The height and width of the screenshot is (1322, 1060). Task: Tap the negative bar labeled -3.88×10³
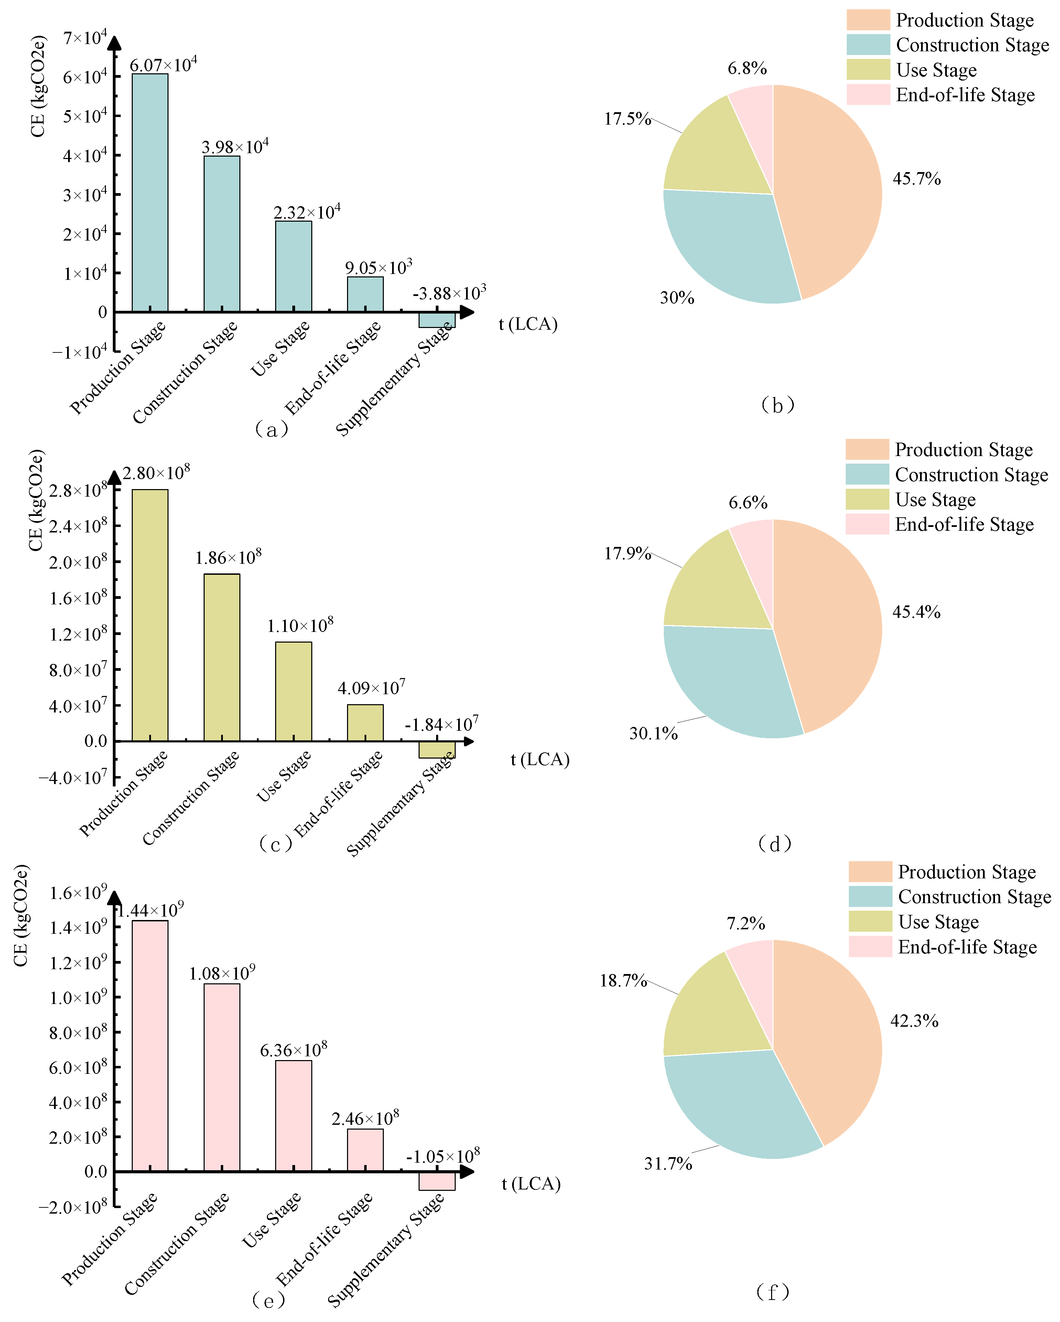coord(437,319)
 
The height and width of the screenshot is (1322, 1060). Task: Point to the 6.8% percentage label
coord(747,69)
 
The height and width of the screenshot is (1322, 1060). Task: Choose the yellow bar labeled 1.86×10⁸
coord(222,657)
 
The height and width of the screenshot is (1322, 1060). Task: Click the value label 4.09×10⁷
coord(371,688)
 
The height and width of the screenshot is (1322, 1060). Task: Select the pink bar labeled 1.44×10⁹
coord(150,1046)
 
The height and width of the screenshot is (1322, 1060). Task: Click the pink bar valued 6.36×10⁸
coord(293,1115)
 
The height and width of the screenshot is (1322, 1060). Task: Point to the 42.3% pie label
coord(914,1021)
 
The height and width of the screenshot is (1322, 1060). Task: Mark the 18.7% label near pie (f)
coord(623,981)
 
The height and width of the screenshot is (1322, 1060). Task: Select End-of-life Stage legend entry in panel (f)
coord(967,947)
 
